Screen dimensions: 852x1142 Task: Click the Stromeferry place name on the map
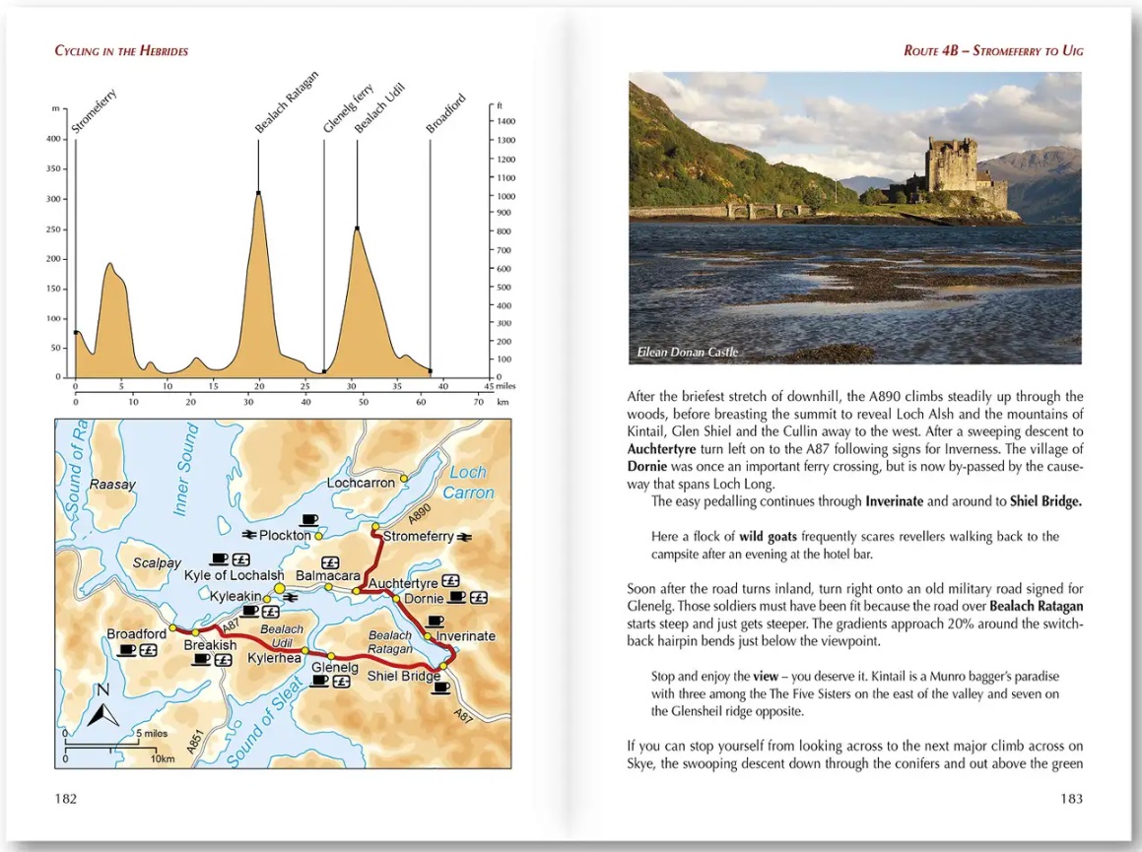click(x=418, y=537)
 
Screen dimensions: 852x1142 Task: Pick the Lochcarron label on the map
click(x=361, y=483)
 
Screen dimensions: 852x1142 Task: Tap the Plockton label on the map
click(x=286, y=535)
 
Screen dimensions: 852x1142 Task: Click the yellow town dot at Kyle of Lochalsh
click(x=279, y=588)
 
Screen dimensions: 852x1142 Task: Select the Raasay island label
click(x=111, y=485)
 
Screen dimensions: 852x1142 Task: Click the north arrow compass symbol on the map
click(x=102, y=708)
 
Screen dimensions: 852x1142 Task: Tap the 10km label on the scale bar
click(x=163, y=759)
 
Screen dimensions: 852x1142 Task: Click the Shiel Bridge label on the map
click(x=403, y=677)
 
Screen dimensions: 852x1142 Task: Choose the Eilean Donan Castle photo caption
click(x=687, y=352)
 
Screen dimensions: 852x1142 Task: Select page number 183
click(x=1070, y=799)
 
